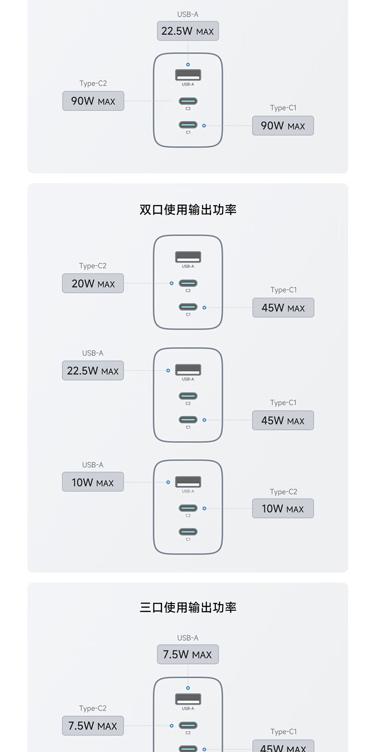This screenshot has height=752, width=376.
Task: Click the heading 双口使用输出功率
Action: click(x=187, y=210)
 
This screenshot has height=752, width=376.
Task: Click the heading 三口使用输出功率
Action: click(x=187, y=608)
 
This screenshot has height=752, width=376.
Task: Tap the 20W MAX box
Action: click(x=93, y=283)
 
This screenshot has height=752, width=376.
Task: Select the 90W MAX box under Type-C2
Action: click(x=93, y=101)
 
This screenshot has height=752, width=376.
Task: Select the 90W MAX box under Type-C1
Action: click(x=283, y=125)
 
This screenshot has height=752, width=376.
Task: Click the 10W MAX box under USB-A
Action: click(x=93, y=482)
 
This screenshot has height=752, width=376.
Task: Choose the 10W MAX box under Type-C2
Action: click(x=283, y=508)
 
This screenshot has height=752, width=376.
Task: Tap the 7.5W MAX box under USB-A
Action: click(x=187, y=654)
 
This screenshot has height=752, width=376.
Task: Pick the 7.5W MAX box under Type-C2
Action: click(x=93, y=726)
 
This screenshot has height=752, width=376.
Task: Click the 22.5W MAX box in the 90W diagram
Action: click(x=187, y=31)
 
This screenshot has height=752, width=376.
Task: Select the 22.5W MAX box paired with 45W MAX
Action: click(x=93, y=371)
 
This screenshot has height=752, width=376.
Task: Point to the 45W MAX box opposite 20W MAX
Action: click(x=283, y=308)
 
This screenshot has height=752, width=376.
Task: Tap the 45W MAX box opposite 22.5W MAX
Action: click(x=283, y=421)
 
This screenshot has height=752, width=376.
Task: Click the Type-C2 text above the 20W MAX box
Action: click(x=93, y=266)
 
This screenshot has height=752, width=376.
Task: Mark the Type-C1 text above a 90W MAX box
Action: click(x=283, y=108)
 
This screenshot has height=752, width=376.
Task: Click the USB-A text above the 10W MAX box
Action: click(x=93, y=465)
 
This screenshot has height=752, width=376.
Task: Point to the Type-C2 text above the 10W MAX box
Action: click(x=283, y=492)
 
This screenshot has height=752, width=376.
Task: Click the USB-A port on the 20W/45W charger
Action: click(x=188, y=257)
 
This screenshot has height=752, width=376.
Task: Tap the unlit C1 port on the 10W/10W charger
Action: click(x=188, y=532)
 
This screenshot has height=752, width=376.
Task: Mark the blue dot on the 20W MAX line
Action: click(x=171, y=283)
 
